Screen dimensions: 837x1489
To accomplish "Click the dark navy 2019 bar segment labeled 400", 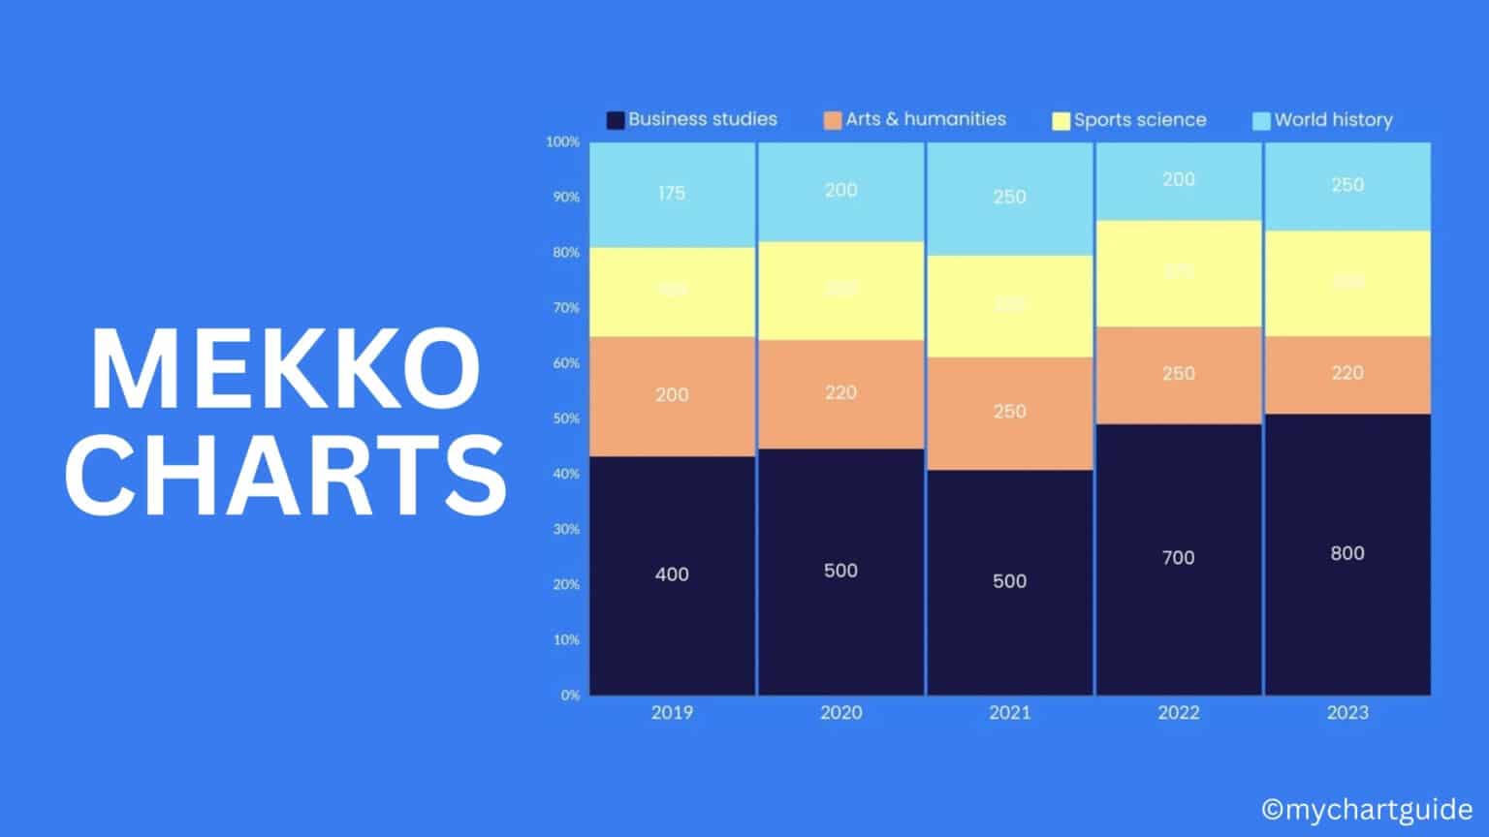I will pos(672,575).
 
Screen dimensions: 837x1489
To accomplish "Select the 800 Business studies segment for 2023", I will pos(1347,554).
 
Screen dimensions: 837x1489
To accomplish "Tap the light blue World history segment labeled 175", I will pos(672,194).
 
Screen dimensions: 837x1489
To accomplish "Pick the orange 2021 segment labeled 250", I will pos(1009,413).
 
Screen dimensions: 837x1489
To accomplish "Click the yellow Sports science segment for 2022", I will pos(1179,274).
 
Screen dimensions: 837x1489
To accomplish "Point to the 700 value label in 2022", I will pos(1179,558).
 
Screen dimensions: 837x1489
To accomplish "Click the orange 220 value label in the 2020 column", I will pos(840,392).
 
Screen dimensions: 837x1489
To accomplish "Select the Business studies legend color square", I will pos(615,120).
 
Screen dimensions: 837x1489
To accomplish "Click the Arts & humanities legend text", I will pos(926,119).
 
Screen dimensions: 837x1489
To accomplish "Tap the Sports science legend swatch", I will pos(1061,120).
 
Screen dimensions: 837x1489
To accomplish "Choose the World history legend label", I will pos(1333,120).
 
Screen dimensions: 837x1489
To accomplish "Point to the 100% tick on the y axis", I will pos(563,142).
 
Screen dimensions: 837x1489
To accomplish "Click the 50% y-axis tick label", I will pos(566,418).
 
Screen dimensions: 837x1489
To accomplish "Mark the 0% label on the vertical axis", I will pos(570,695).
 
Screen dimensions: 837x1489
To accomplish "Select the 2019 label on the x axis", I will pos(672,713).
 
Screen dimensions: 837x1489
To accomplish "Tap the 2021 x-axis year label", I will pos(1009,713).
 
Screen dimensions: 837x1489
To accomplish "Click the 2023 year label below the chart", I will pos(1347,713).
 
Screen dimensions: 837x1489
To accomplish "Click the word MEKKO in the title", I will pos(285,371).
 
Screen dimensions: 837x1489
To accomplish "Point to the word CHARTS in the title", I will pos(285,475).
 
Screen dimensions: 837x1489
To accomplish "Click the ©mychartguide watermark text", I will pos(1367,809).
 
